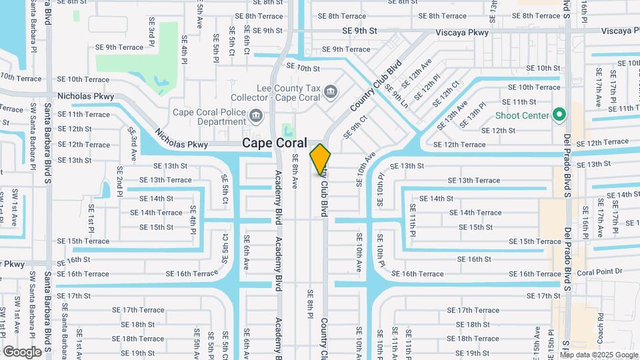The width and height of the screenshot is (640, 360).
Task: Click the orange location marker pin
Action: [x=321, y=159]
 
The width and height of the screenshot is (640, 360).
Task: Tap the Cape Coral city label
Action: [x=274, y=143]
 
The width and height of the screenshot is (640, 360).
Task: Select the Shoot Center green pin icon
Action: [x=559, y=115]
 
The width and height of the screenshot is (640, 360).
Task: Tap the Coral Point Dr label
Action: [x=599, y=271]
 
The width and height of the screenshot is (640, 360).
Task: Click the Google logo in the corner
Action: [x=22, y=351]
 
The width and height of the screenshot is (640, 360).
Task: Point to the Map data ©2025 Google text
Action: [x=599, y=355]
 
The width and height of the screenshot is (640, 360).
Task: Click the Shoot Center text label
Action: [x=522, y=115]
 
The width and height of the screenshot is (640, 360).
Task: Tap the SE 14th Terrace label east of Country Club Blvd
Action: [x=475, y=213]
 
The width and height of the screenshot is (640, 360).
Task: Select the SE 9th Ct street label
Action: [x=355, y=127]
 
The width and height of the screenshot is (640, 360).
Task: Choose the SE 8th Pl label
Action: [x=310, y=303]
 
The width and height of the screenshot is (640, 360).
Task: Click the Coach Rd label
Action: [x=600, y=325]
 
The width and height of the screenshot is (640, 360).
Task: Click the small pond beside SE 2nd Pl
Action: [x=104, y=190]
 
